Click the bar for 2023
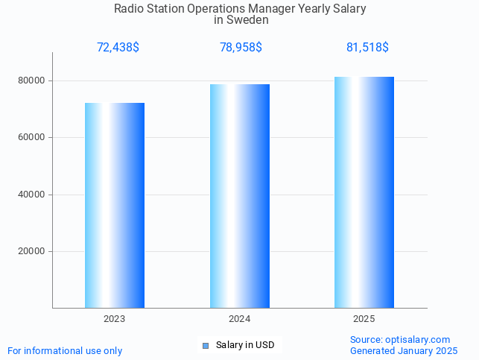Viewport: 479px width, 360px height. tap(115, 205)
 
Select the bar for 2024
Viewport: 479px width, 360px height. tap(239, 196)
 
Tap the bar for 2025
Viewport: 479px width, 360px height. tap(364, 192)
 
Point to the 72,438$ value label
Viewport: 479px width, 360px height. tap(118, 48)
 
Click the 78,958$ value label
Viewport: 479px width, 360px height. tap(241, 48)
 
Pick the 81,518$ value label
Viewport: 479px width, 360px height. tap(367, 48)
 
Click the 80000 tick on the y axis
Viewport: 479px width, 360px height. tap(31, 80)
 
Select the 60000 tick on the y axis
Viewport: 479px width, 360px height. tap(31, 138)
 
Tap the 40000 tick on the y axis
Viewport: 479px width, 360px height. tap(31, 195)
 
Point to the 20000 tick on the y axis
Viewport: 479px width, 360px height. tap(31, 252)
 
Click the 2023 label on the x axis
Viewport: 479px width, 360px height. tap(115, 319)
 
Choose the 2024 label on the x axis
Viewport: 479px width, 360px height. tap(239, 319)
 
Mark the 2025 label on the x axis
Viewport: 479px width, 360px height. tap(364, 319)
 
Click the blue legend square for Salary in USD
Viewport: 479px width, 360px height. tap(206, 345)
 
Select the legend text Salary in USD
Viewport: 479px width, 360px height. tap(245, 345)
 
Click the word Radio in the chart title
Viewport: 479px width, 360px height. tap(128, 9)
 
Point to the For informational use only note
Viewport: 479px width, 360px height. tap(65, 351)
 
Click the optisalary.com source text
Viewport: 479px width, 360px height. tap(418, 340)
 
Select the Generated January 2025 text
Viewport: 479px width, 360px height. tap(404, 351)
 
